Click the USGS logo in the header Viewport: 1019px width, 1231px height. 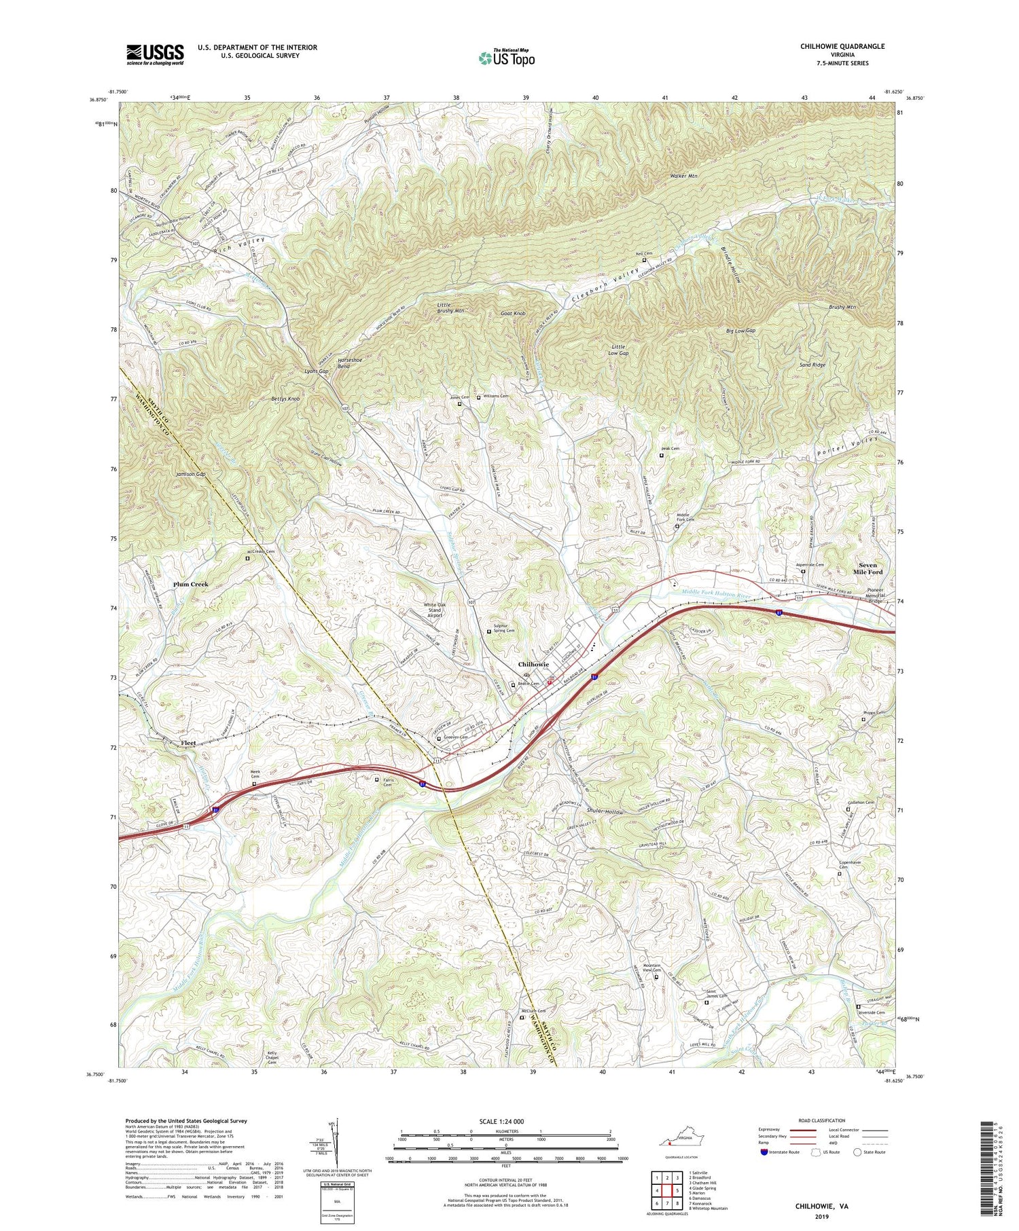(155, 54)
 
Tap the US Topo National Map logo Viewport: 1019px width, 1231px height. (506, 58)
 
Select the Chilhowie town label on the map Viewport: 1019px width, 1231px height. (533, 664)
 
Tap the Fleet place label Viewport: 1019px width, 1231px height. (188, 743)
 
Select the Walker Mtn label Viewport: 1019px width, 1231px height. (683, 176)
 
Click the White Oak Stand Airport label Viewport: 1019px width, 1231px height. (435, 610)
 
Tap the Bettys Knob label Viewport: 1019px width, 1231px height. (285, 399)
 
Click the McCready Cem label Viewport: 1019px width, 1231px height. (260, 551)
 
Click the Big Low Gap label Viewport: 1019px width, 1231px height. (740, 331)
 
